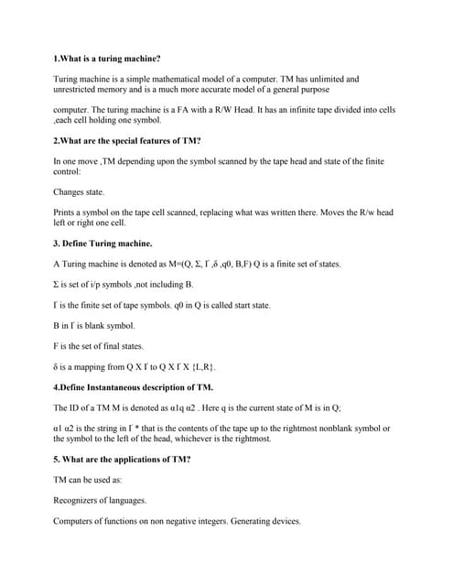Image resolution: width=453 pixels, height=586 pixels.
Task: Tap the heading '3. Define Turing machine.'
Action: point(103,244)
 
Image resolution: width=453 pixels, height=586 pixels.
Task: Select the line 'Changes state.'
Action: point(80,192)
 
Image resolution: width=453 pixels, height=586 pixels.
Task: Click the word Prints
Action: point(65,212)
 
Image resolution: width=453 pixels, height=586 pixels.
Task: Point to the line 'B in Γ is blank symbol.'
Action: point(94,325)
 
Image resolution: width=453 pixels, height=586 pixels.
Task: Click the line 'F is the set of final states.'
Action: point(99,346)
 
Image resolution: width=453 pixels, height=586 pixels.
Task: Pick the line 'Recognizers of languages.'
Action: point(101,500)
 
